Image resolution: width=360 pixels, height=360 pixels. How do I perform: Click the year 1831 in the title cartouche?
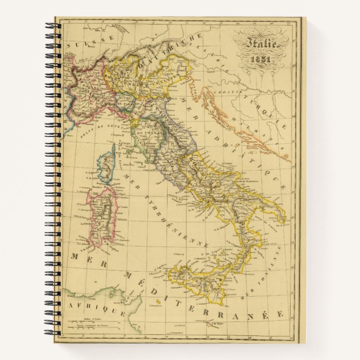coord(260,58)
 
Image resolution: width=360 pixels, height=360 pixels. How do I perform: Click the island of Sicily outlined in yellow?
coord(198,280)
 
